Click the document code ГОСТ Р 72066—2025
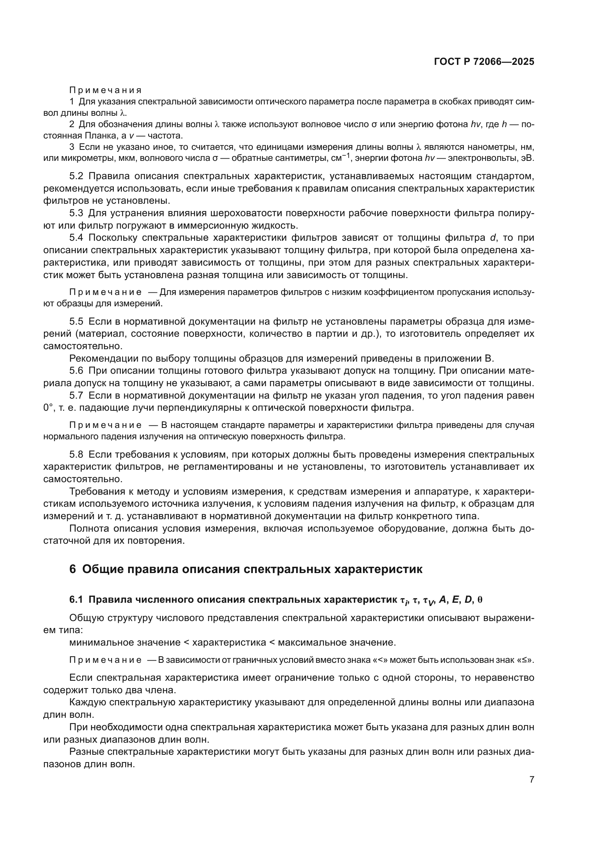pos(484,62)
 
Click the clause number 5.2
pos(77,176)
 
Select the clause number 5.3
pos(77,213)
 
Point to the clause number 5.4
pos(77,238)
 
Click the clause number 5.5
pos(77,321)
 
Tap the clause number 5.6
pos(77,371)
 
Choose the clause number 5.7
pos(77,395)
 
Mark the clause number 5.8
pos(77,455)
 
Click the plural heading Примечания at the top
pos(105,90)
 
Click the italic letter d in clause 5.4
pos(492,238)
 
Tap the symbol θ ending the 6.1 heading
pos(480,600)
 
